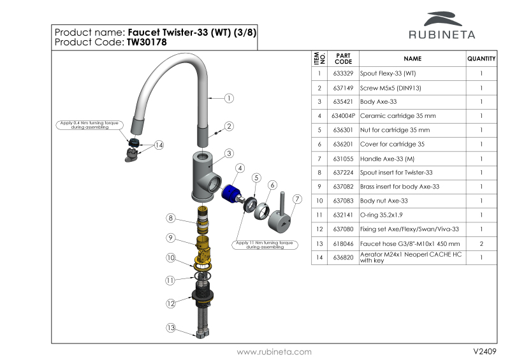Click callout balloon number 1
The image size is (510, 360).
(x=229, y=98)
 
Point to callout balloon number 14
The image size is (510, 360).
(x=159, y=145)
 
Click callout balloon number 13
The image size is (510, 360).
(x=170, y=328)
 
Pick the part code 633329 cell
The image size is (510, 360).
(x=343, y=73)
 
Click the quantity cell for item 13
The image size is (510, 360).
(x=481, y=243)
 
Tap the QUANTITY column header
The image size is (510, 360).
(x=481, y=59)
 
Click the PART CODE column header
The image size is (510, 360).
(x=343, y=59)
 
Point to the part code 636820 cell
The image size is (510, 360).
(x=343, y=257)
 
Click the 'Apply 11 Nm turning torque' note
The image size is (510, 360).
(x=264, y=244)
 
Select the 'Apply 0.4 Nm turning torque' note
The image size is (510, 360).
(x=89, y=125)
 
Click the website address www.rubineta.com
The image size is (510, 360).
(x=274, y=352)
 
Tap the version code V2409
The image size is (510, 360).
(x=484, y=352)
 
